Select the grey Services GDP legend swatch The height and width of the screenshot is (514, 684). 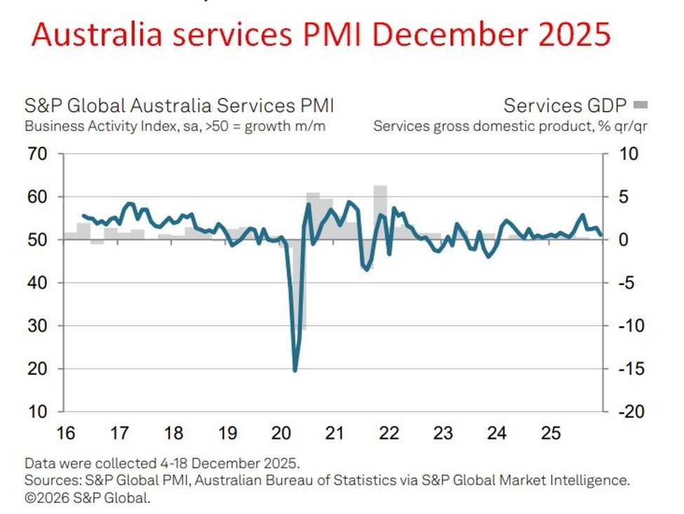point(640,105)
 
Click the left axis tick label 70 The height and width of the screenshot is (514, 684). point(39,154)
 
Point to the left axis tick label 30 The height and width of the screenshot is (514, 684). point(39,326)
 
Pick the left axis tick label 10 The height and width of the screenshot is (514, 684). point(39,411)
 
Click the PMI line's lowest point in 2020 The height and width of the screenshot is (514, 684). point(295,370)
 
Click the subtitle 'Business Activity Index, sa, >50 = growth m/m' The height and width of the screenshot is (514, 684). point(175,127)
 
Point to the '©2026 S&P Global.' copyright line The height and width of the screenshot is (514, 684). point(87,499)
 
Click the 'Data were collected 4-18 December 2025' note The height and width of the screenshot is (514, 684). point(162,463)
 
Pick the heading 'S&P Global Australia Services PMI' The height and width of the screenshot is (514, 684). point(179,106)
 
